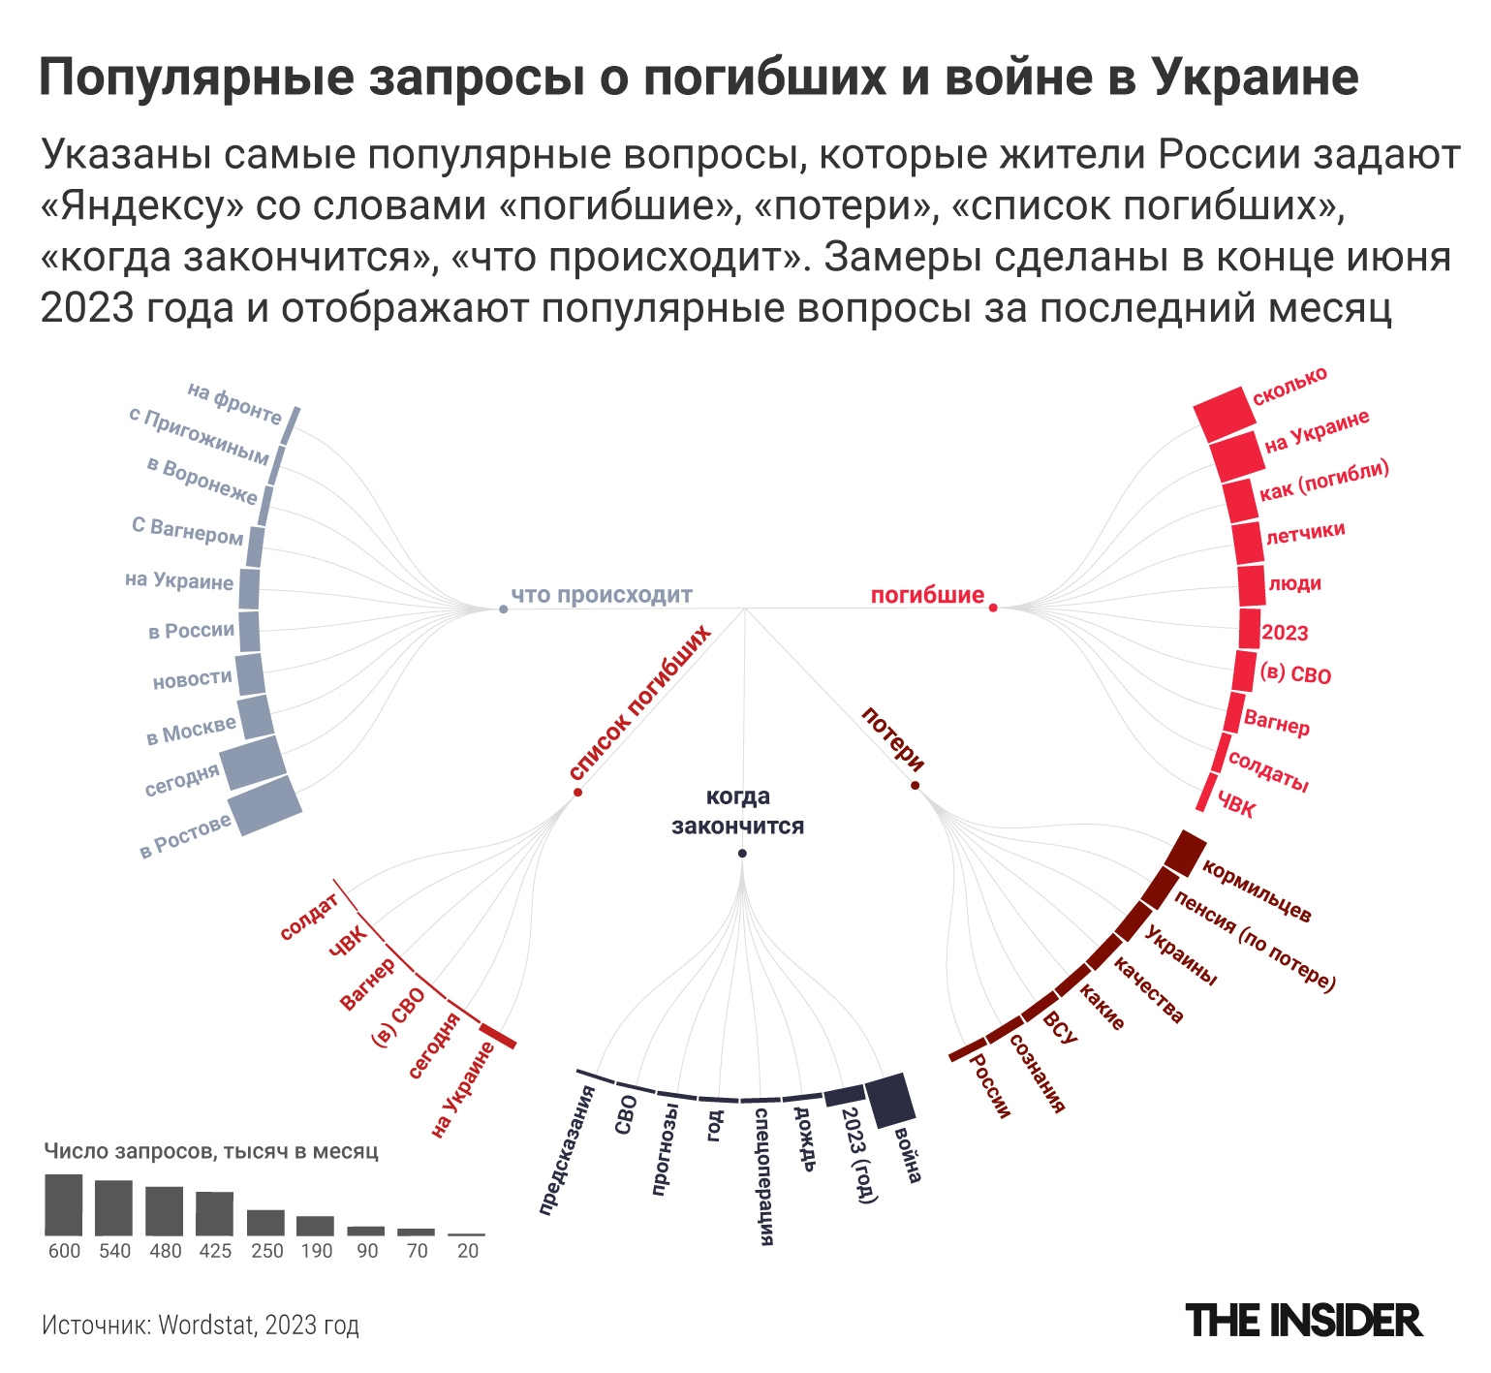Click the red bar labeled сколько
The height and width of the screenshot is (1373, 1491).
[1224, 414]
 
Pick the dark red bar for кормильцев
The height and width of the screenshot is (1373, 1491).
[1185, 853]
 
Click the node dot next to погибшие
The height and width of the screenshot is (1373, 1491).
[993, 608]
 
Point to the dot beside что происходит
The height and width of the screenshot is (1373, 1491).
[503, 609]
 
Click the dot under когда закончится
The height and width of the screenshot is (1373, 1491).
[742, 853]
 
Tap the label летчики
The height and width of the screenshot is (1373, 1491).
[1305, 532]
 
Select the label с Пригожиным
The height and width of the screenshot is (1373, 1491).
[199, 435]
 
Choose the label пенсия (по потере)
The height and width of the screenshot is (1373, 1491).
[1255, 940]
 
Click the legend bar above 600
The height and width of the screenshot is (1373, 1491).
[64, 1203]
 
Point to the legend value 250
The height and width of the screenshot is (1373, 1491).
[266, 1251]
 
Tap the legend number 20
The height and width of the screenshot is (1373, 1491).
[468, 1251]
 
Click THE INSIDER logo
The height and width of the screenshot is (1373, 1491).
[1303, 1321]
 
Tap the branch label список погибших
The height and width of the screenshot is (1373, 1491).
[640, 702]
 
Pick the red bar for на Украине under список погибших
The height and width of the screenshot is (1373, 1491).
[498, 1036]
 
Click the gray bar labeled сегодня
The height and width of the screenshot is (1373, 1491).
[253, 763]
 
